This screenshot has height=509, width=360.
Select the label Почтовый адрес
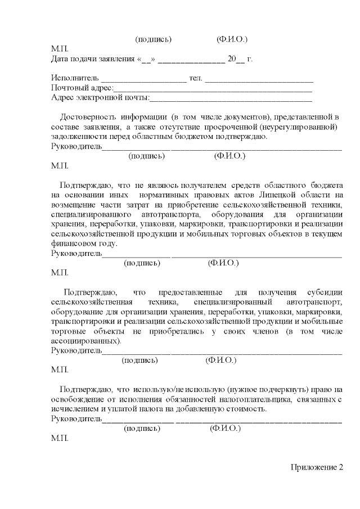[82, 88]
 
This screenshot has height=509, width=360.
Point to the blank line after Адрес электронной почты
[231, 98]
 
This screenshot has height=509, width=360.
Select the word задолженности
[77, 137]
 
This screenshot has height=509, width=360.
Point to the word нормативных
[158, 195]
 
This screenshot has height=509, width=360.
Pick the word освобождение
[77, 399]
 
